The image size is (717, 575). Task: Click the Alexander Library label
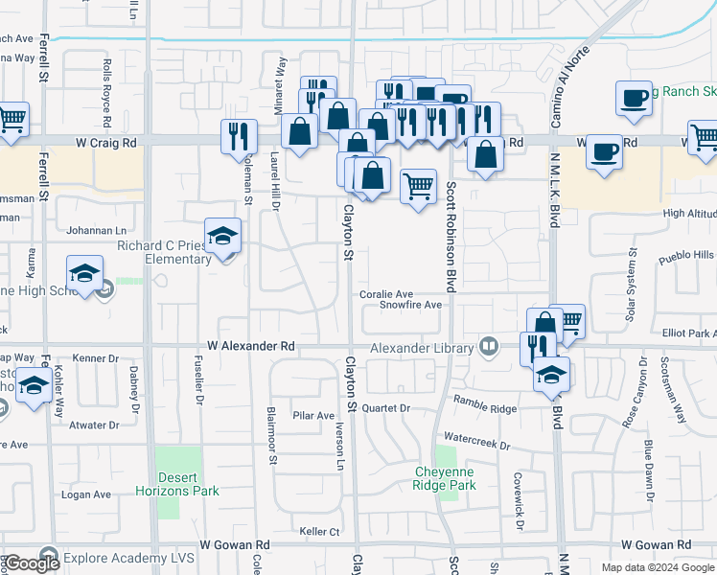[423, 347]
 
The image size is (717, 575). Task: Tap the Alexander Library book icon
[489, 347]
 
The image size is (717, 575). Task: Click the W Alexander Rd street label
[250, 345]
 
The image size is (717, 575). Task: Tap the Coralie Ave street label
[386, 294]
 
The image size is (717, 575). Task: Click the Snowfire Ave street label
[409, 305]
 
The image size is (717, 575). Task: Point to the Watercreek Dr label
[477, 446]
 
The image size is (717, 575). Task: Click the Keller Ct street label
[320, 531]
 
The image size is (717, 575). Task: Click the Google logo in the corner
[31, 563]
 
